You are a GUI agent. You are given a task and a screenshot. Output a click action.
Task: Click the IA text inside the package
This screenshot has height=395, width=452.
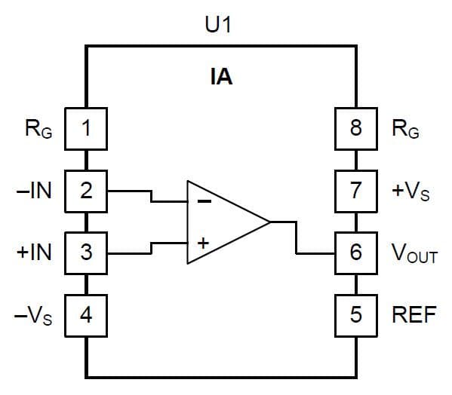click(x=221, y=77)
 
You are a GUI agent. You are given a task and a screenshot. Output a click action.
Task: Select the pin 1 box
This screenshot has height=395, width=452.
click(x=86, y=128)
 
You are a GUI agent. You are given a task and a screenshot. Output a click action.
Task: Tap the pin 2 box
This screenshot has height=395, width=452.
click(x=86, y=190)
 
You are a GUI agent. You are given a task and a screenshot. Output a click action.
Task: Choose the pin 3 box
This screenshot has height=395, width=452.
click(x=86, y=252)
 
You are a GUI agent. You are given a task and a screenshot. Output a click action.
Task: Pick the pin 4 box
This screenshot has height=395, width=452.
click(x=86, y=314)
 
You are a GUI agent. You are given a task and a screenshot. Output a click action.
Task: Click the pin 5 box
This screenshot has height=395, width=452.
click(x=356, y=314)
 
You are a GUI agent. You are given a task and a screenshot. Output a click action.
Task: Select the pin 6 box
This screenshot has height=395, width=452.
click(x=356, y=252)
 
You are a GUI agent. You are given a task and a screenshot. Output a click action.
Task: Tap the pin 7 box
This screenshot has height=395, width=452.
click(x=356, y=190)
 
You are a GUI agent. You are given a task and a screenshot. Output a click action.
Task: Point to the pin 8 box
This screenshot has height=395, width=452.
click(x=356, y=128)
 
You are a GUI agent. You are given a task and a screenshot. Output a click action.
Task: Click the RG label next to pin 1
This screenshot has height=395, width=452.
click(x=38, y=130)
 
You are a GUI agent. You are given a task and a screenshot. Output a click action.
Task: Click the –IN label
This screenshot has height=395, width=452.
click(x=34, y=191)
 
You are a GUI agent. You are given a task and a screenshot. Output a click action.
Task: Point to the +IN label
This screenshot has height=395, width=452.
click(x=34, y=252)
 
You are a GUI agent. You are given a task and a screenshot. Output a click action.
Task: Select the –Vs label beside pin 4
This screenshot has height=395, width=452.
click(x=34, y=314)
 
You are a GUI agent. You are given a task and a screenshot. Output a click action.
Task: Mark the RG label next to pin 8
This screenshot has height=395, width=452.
click(x=406, y=130)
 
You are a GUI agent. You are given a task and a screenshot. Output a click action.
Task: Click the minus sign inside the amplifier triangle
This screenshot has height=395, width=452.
click(x=204, y=201)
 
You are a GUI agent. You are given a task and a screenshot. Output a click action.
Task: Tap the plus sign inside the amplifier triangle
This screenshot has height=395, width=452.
click(x=203, y=243)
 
